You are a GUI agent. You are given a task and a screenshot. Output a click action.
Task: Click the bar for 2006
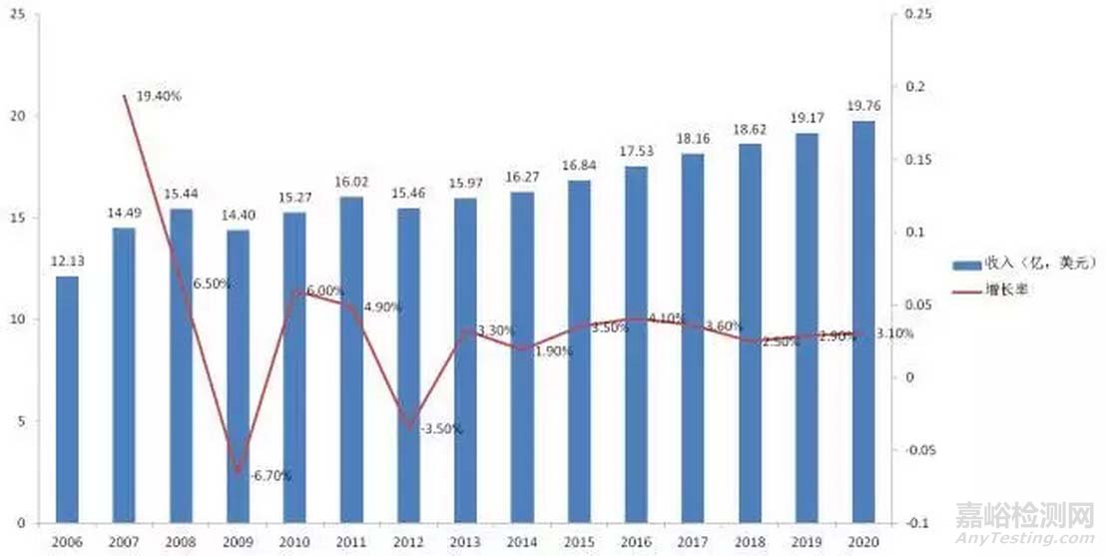pos(67,399)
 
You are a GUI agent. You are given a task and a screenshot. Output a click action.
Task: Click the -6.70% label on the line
pos(269,475)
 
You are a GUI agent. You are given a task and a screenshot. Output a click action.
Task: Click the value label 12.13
pos(68,262)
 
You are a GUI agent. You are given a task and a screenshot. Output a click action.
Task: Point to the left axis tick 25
pos(18,14)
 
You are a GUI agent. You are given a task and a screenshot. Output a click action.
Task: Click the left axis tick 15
pos(18,218)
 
